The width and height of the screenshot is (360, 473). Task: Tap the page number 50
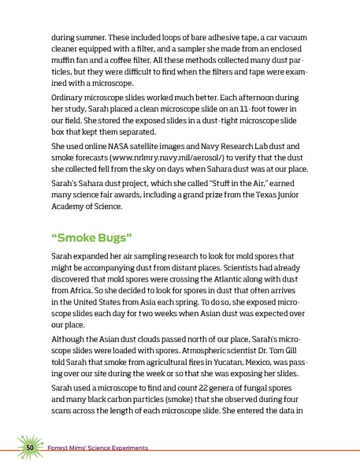(29, 448)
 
